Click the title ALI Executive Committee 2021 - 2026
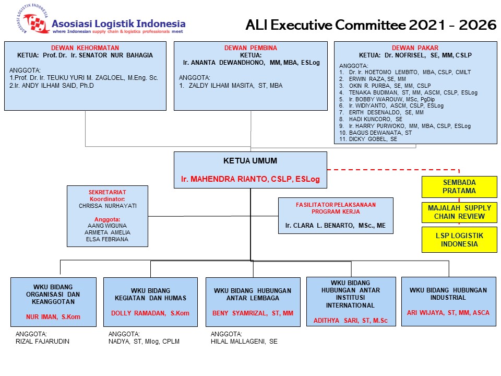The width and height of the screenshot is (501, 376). point(371,25)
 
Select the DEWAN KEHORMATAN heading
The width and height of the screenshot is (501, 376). point(85,48)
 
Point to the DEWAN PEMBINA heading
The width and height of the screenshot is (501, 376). point(250,48)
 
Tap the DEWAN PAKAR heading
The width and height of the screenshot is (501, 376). point(415,48)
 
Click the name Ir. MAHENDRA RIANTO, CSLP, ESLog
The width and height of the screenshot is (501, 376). point(250,179)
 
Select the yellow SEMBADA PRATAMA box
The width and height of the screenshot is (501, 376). point(459,187)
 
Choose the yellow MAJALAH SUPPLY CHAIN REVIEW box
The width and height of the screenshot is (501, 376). point(459,213)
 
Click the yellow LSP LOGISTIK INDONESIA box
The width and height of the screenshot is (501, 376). point(459,240)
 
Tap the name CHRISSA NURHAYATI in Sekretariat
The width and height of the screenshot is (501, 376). point(108,206)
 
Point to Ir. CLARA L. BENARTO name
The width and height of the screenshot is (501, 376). point(336,226)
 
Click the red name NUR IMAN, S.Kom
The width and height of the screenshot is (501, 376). point(53,316)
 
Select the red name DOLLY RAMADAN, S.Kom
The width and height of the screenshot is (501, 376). point(150,313)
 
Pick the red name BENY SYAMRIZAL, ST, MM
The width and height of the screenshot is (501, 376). point(253,313)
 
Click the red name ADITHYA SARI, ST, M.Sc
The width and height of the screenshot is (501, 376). point(351,320)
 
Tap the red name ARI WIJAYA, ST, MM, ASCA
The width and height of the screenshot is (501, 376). point(448,313)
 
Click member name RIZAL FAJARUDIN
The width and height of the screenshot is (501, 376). point(43,342)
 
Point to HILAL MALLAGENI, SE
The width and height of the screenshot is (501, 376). point(244,342)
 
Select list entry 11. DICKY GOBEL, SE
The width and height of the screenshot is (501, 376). point(368,139)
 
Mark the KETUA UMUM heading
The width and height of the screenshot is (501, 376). point(250,161)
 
